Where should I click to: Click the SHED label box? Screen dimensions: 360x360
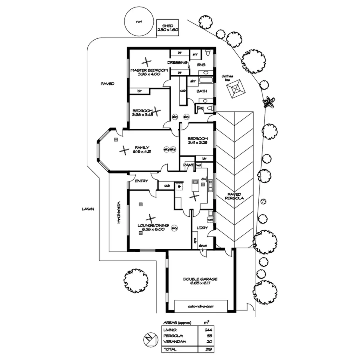[168, 28]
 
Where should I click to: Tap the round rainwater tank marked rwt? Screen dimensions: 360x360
[139, 21]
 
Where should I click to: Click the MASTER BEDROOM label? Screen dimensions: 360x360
[149, 72]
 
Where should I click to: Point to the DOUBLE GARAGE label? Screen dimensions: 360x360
[200, 281]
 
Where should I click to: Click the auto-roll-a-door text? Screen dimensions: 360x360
[201, 307]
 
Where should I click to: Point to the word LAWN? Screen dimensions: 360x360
[88, 209]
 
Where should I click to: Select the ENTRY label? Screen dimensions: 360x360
[141, 181]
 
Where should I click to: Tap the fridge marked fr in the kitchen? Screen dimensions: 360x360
[179, 187]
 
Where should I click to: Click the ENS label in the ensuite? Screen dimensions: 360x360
[201, 65]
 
